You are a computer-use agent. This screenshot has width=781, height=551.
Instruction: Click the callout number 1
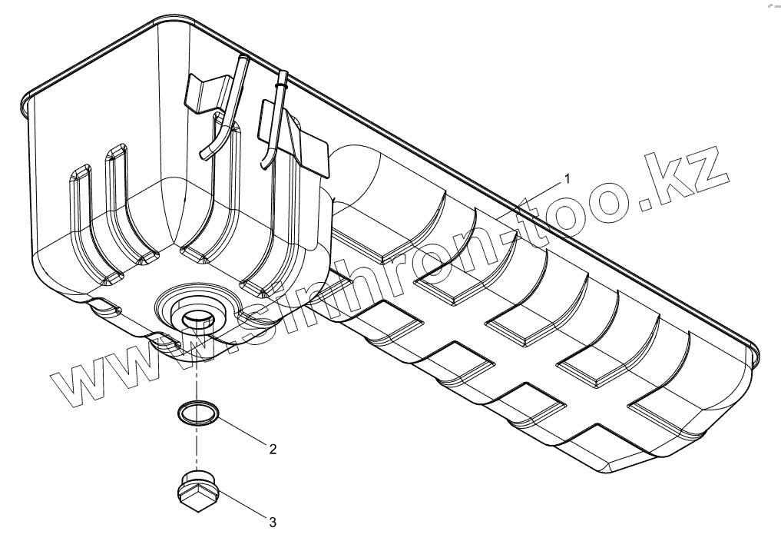[567, 178]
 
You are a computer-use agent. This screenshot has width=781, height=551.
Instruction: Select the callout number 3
[272, 522]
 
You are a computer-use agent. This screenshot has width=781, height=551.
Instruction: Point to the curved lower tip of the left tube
[203, 154]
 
